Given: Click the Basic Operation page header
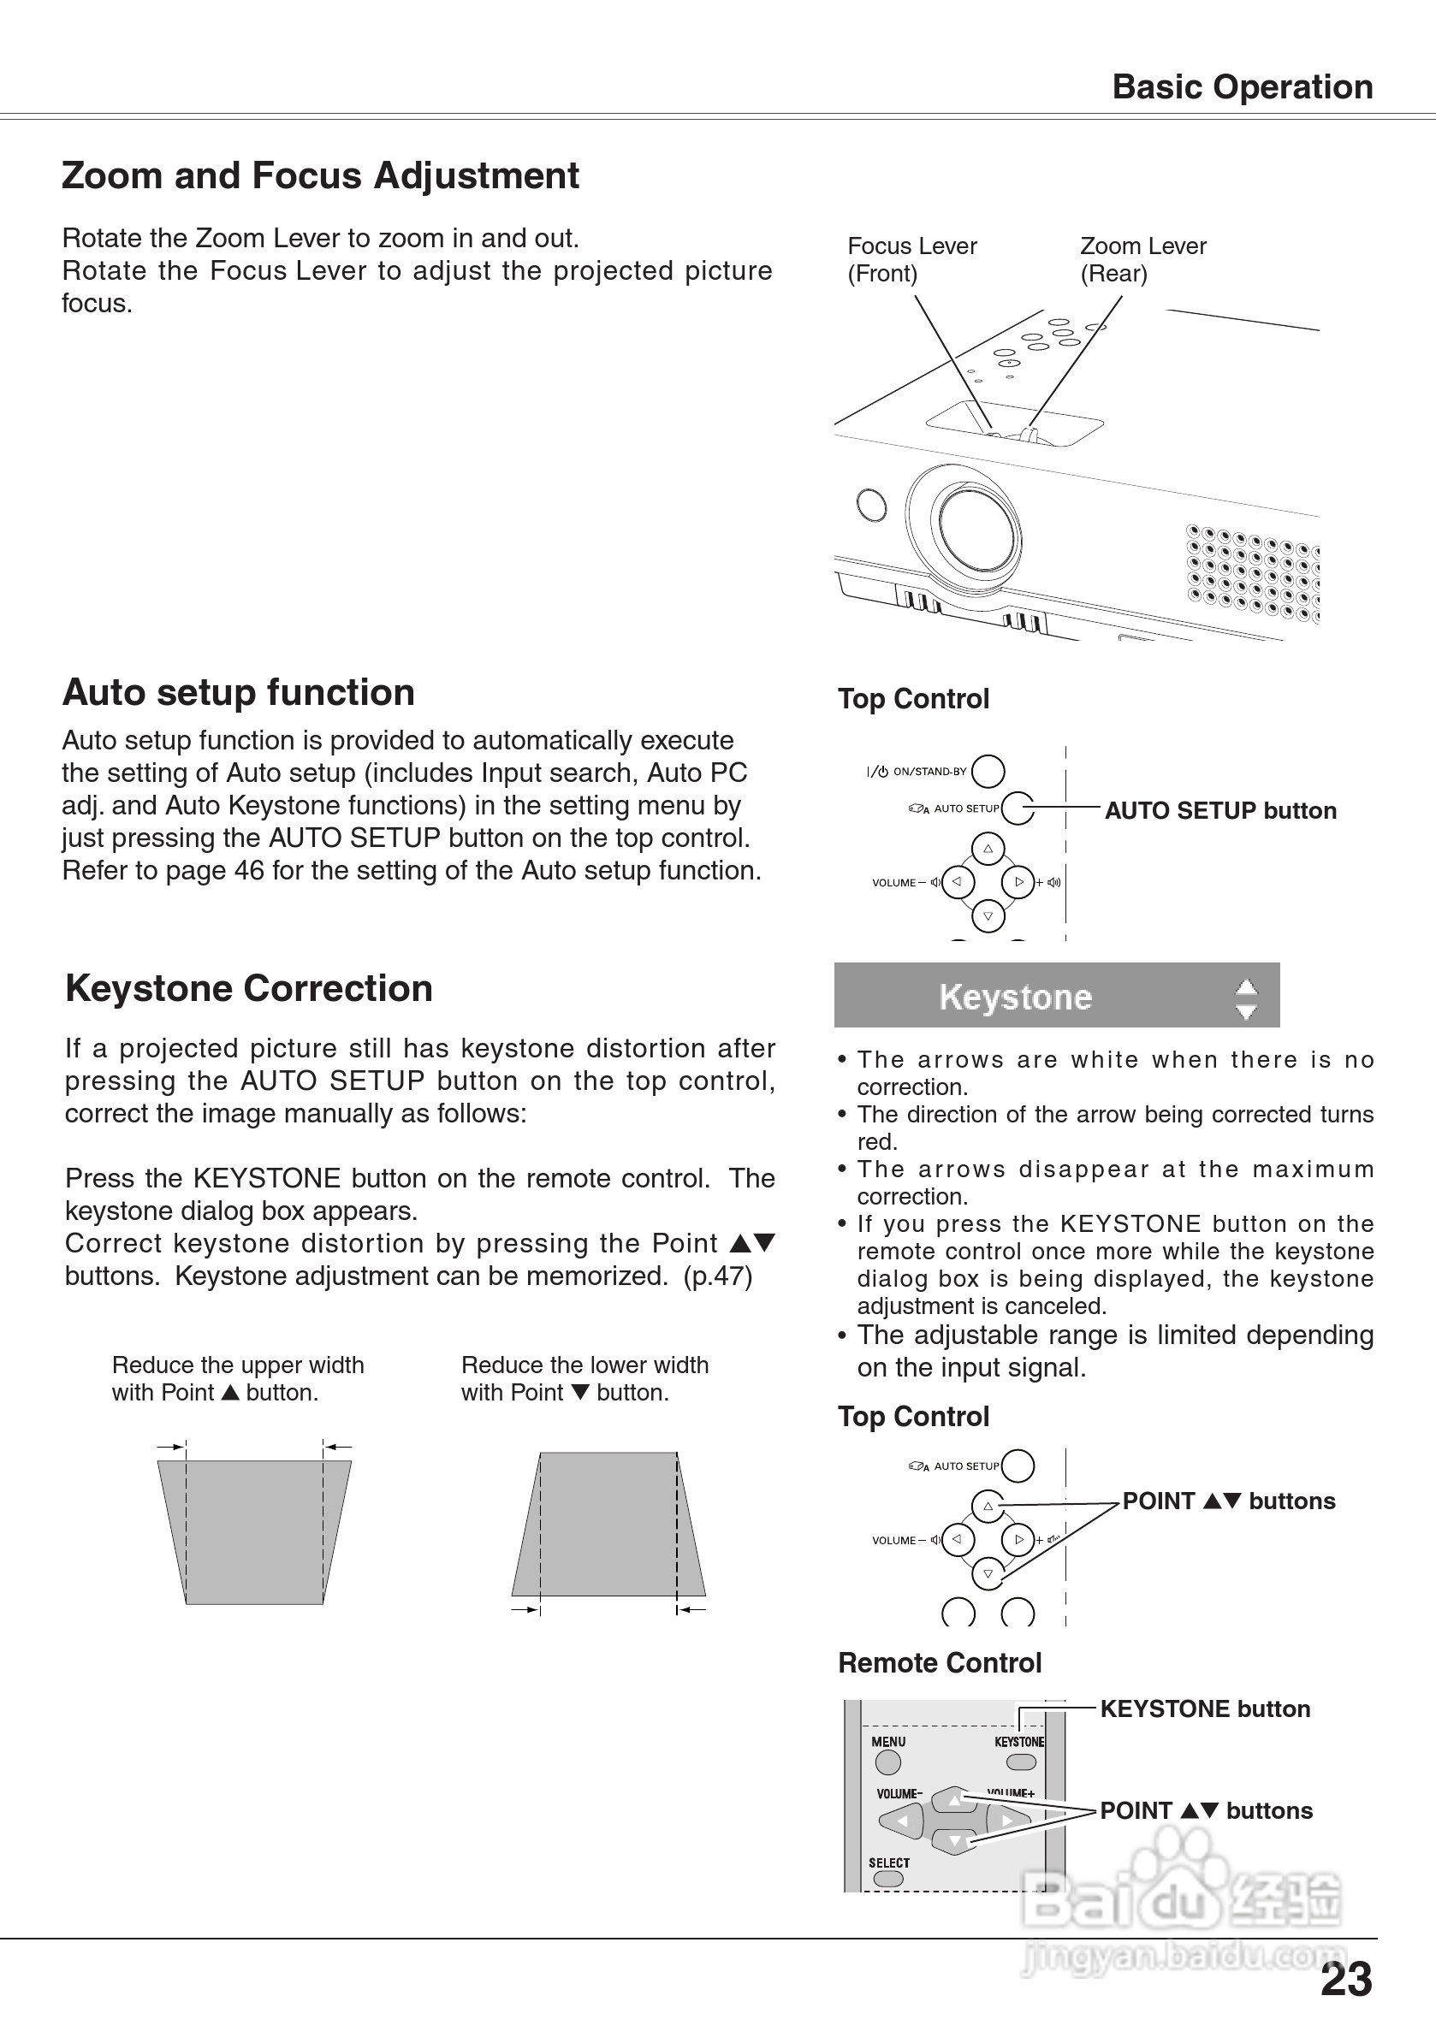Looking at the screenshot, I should coord(1242,87).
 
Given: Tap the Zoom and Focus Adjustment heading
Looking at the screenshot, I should coord(319,175).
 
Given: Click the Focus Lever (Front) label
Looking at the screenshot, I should coord(911,259).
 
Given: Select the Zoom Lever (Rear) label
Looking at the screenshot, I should coord(1142,259).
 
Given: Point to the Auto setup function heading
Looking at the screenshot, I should coord(238,693).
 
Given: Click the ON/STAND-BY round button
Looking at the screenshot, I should coord(988,771).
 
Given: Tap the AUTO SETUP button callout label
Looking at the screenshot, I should coord(1219,811).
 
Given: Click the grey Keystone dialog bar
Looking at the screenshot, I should coord(1056,996).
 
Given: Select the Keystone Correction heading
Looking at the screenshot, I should coord(248,988).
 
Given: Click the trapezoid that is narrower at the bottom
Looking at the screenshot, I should coord(254,1531).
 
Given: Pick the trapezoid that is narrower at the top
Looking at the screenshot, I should coord(608,1524).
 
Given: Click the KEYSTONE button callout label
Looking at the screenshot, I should coord(1204,1709).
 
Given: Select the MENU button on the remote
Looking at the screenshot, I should coord(887,1762).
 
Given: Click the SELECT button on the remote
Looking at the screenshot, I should coord(887,1878).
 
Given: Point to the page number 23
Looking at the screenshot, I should coord(1345,1981).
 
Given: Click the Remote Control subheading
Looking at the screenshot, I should coord(939,1663).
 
